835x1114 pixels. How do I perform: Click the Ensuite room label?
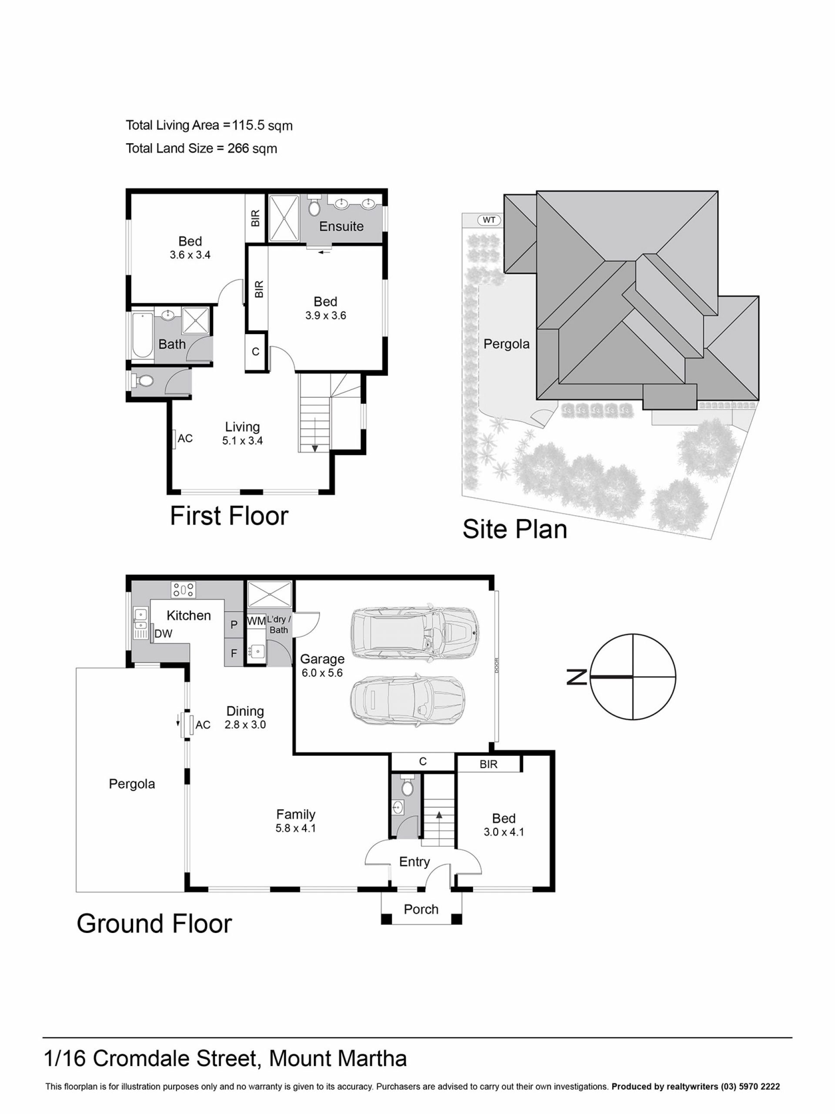tap(341, 227)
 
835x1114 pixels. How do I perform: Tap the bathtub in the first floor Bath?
tap(143, 335)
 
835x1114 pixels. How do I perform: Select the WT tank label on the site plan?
tap(489, 220)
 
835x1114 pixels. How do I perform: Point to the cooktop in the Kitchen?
tap(183, 590)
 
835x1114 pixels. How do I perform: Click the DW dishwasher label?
tap(163, 634)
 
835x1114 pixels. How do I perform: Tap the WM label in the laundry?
tap(256, 621)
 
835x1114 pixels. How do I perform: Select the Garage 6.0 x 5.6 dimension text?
tap(322, 673)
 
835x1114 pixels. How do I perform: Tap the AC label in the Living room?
tap(185, 438)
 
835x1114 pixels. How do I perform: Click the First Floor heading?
tap(229, 516)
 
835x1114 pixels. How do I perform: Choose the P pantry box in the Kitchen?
tap(234, 625)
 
